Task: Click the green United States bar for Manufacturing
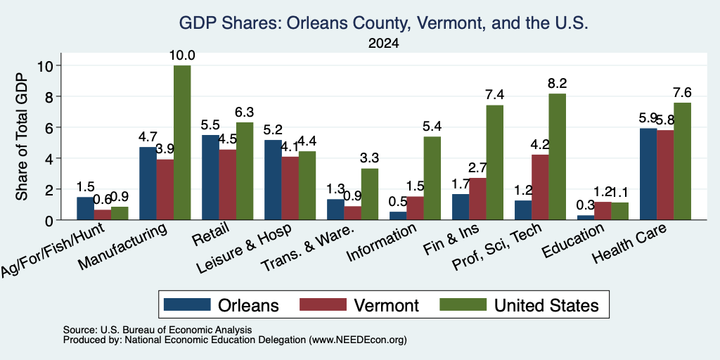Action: [x=182, y=143]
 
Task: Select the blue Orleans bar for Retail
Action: [x=210, y=177]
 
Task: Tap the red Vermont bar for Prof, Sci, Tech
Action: [x=540, y=187]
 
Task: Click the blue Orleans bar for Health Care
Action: [x=648, y=174]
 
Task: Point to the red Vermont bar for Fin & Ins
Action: [x=477, y=199]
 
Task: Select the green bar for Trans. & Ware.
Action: [x=370, y=194]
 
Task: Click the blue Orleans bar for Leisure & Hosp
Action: [x=273, y=180]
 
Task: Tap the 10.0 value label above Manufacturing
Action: [x=182, y=56]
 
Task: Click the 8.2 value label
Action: [x=558, y=84]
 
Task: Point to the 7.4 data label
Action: [x=494, y=95]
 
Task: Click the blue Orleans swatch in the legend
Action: [x=187, y=304]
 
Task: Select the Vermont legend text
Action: [x=386, y=305]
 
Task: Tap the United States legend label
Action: [x=546, y=305]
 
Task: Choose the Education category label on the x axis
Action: [x=573, y=240]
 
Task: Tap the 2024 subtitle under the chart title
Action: [x=383, y=44]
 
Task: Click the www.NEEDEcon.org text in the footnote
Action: [x=358, y=340]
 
